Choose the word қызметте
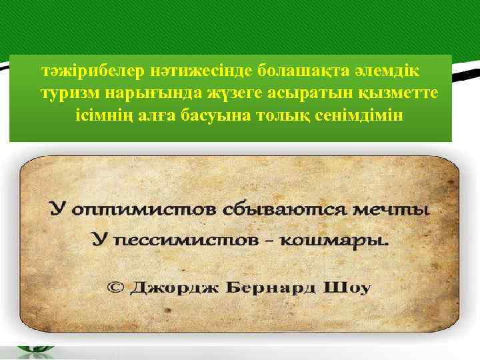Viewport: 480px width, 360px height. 397,92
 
